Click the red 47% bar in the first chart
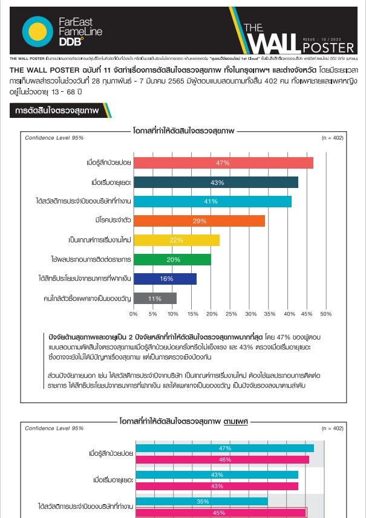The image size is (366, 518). (223, 163)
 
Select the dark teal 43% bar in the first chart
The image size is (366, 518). (215, 182)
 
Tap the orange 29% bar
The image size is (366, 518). (199, 221)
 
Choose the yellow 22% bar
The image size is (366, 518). (176, 240)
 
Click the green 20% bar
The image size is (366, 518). (172, 259)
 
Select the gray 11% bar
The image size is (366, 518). (155, 298)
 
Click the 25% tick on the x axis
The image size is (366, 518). (230, 314)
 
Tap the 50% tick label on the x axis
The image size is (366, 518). (325, 314)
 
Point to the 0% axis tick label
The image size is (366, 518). (134, 314)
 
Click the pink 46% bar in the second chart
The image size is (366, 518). (221, 459)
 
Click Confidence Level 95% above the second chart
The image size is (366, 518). (54, 428)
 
